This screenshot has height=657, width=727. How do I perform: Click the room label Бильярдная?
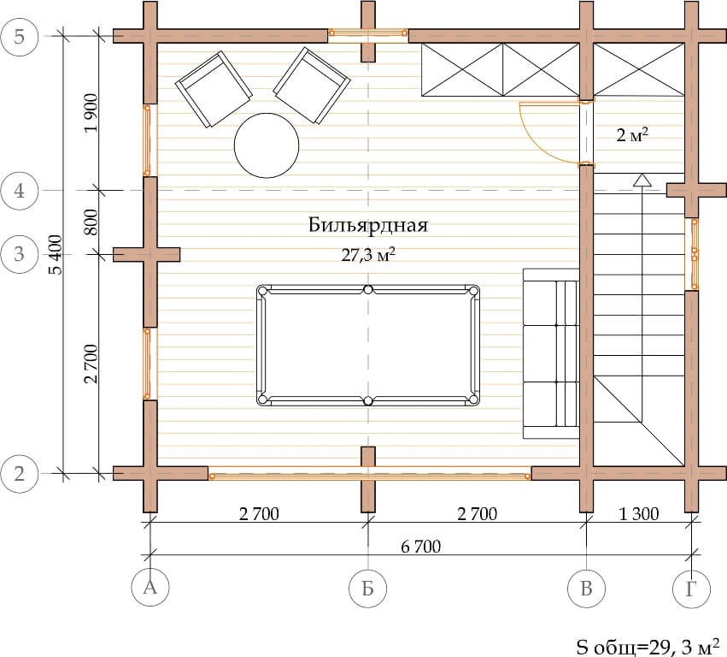[368, 225]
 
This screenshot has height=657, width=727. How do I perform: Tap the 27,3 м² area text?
[368, 254]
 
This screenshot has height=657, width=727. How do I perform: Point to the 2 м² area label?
[632, 135]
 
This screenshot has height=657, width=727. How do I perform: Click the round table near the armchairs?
[267, 145]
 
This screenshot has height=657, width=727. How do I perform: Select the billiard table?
[368, 345]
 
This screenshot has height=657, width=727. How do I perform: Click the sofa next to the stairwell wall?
[551, 353]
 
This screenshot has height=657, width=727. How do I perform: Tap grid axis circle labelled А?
[150, 588]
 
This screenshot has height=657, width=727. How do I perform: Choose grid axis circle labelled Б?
[367, 589]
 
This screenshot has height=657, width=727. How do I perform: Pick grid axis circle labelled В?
[587, 589]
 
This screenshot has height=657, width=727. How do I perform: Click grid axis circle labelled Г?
[691, 589]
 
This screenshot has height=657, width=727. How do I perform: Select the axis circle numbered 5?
[19, 37]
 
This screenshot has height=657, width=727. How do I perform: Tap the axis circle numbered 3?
[19, 254]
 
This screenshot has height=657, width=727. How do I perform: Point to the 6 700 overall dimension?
[420, 547]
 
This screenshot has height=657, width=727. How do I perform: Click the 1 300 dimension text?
[639, 514]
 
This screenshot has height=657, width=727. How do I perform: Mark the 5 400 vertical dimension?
[56, 254]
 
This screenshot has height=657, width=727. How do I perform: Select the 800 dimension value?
[91, 222]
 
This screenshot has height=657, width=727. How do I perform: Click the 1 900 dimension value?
[91, 113]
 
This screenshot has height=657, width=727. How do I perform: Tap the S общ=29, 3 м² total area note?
[648, 647]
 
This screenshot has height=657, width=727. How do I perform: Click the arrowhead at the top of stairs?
[642, 180]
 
